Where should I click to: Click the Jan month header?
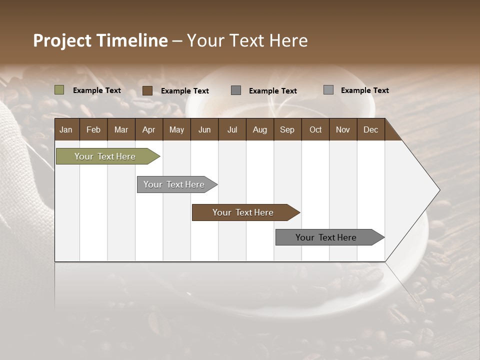coord(66,129)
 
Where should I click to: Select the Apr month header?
coord(149,129)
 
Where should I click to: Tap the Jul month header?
coord(232,129)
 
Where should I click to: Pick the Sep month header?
coord(287,129)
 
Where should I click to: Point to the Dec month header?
coord(371,129)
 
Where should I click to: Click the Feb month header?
coord(93,129)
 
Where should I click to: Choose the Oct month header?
coord(315,129)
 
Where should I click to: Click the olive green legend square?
coord(59,90)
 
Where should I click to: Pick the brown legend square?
coord(147,90)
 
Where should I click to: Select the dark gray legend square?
coord(236,90)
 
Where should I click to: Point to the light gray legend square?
coord(328,90)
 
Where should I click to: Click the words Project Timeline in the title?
coord(100,40)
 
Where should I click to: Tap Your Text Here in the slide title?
coord(247,40)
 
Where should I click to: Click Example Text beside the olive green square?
coord(97,90)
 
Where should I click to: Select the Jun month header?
coord(204,129)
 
